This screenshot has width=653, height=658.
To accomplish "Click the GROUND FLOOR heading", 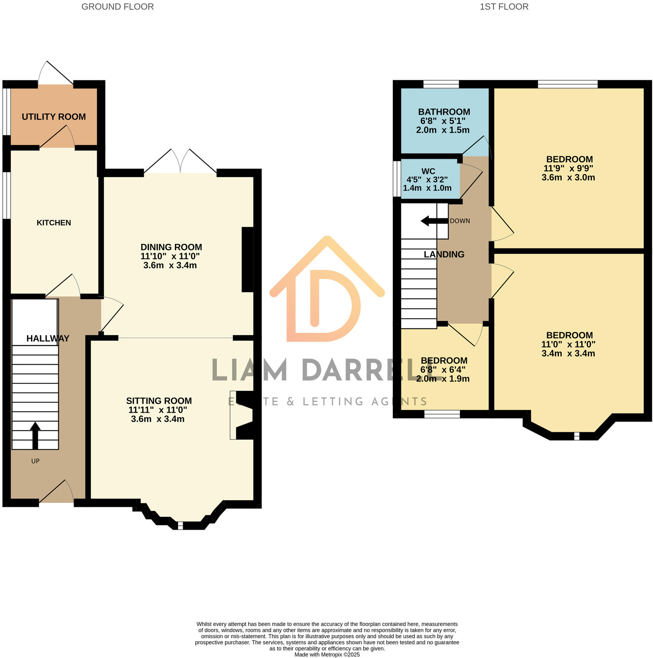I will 117,7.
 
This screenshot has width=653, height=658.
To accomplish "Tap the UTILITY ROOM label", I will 54,117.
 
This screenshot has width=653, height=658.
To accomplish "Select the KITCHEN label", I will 54,222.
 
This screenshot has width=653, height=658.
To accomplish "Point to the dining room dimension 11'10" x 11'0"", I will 170,256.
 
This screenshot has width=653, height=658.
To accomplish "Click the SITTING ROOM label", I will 159,401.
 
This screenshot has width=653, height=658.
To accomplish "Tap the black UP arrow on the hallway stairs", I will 35,435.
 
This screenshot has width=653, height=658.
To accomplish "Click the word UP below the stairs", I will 35,461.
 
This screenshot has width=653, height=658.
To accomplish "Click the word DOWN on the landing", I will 460,221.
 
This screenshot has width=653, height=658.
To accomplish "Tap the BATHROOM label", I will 444,112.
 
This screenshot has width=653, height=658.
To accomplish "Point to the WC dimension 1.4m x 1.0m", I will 427,188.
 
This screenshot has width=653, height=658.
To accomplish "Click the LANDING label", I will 444,254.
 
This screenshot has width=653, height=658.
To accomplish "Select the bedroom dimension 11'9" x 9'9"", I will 568,168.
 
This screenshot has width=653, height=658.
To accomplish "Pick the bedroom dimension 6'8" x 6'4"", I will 443,369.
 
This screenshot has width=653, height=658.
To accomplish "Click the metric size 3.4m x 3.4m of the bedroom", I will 568,353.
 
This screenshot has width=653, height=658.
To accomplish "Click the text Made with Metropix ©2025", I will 326,654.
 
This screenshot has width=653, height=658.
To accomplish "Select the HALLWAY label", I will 48,338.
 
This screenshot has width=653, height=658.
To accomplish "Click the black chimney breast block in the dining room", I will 248,260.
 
